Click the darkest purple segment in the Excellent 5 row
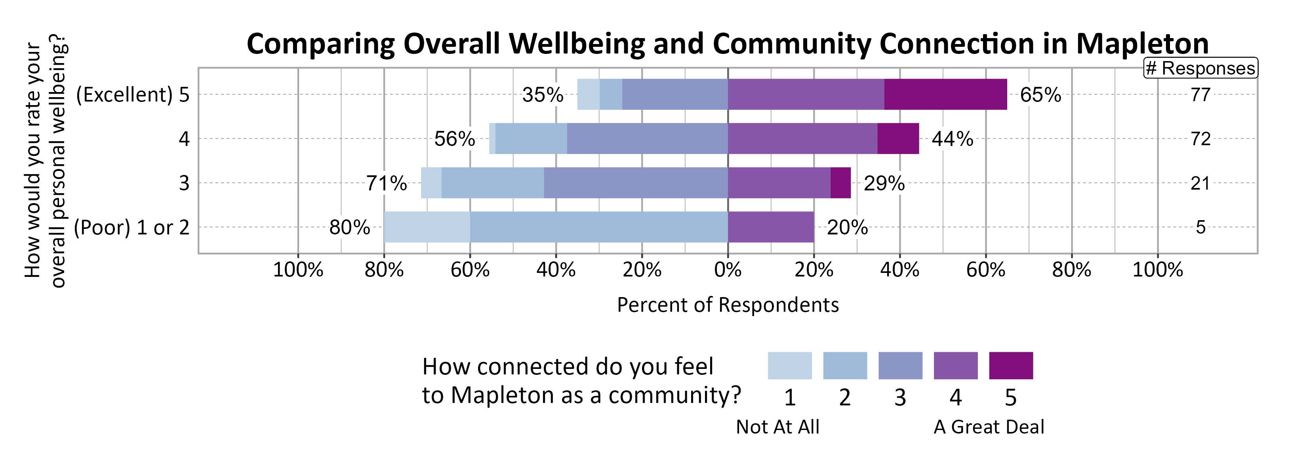pos(945,94)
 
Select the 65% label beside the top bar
pos(1040,95)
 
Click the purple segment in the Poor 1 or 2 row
pos(771,227)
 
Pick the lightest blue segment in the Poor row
pos(427,227)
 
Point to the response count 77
pos(1200,95)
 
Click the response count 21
pos(1200,183)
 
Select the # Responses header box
pos(1200,68)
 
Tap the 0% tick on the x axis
pos(728,270)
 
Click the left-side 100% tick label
pos(298,270)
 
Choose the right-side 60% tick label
pos(985,270)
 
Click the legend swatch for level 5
pos(1011,365)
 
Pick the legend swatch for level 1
pos(789,365)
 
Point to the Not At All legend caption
pos(777,427)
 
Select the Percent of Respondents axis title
pos(728,305)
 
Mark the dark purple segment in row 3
pos(840,183)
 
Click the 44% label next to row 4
pos(953,139)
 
